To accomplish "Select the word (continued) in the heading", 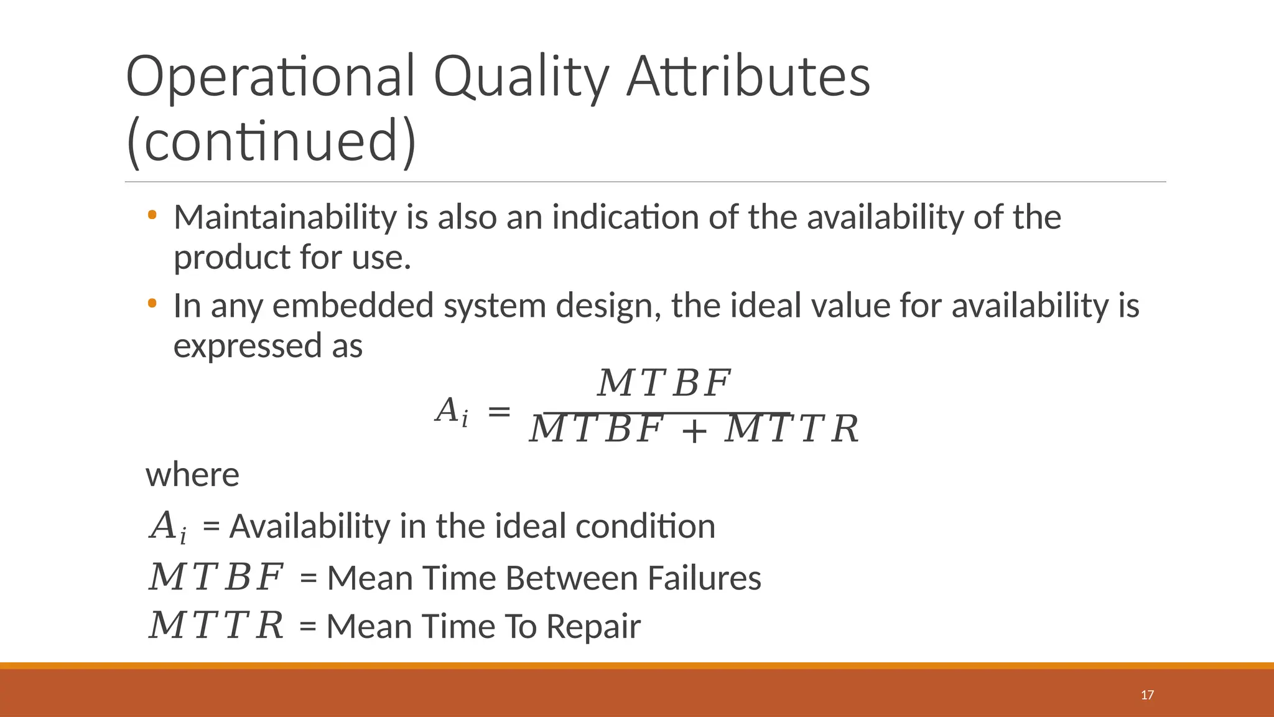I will coord(271,141).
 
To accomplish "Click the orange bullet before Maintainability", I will coord(152,215).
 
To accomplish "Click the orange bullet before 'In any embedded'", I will coord(152,304).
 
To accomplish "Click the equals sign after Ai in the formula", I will coord(499,411).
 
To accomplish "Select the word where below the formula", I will coord(192,475).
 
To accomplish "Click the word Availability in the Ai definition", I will coord(309,527).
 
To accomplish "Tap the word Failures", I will coord(704,578).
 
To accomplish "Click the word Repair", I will coord(593,626).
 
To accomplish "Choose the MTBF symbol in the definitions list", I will coord(216,577).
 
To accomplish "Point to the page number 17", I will coord(1147,695).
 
